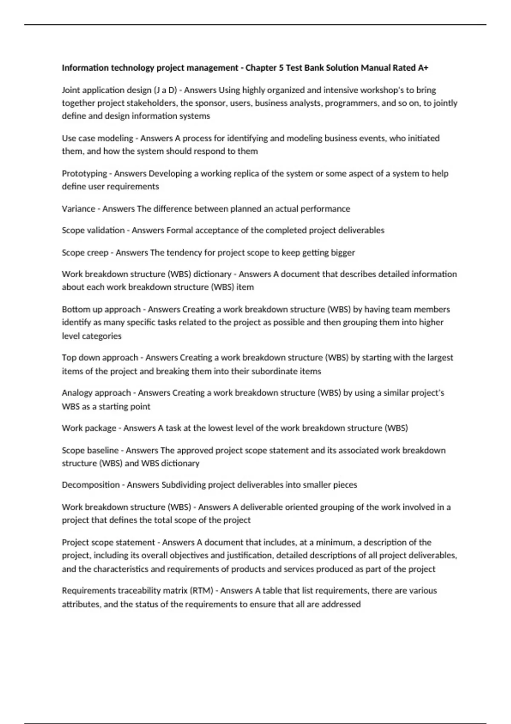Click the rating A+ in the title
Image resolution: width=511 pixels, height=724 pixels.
422,68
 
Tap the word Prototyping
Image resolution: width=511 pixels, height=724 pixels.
84,174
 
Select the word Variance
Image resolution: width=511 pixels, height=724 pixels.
78,209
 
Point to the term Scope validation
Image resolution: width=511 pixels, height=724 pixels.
93,230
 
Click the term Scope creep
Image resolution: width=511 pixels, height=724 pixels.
85,253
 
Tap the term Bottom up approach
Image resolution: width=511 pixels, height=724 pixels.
101,309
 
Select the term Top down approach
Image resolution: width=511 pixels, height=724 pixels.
100,357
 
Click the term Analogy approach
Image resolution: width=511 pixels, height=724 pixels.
96,393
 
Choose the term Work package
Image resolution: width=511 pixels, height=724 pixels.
89,428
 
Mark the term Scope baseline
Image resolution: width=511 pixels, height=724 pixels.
90,450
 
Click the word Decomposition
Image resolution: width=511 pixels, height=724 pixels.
91,485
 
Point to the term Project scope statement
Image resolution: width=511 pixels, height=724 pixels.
108,542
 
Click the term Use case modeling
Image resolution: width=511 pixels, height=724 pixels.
98,138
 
